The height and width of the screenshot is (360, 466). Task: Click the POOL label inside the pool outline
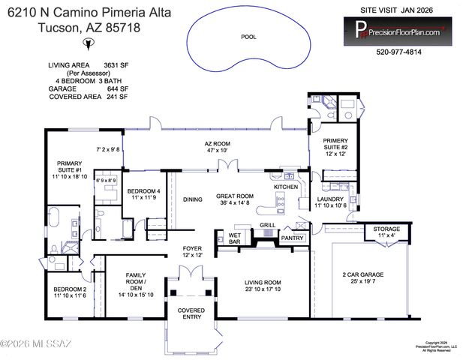[248, 36]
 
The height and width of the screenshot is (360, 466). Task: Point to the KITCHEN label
[286, 186]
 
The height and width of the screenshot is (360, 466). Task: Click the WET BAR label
[234, 239]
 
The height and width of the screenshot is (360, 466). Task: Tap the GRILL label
[268, 224]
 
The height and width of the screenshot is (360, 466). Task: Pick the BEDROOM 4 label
[143, 193]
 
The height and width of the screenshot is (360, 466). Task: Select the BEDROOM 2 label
[70, 292]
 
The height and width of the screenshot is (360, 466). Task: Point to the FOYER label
[193, 251]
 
